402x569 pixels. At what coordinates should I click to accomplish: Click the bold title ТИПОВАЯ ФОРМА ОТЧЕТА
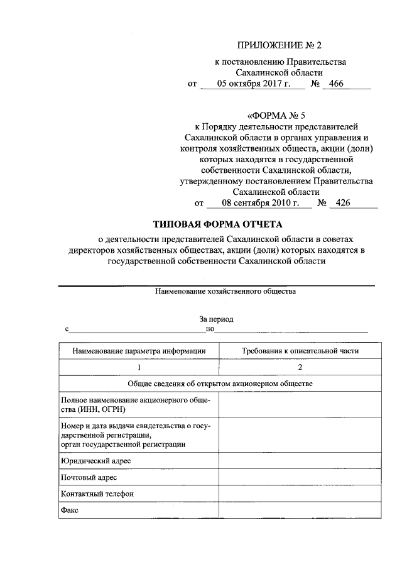point(219,224)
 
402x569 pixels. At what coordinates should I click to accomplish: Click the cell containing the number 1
point(138,367)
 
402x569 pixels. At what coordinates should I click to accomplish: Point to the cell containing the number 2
point(300,367)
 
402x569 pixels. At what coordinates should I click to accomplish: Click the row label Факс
point(69,510)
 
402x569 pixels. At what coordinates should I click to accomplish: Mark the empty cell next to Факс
point(300,510)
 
